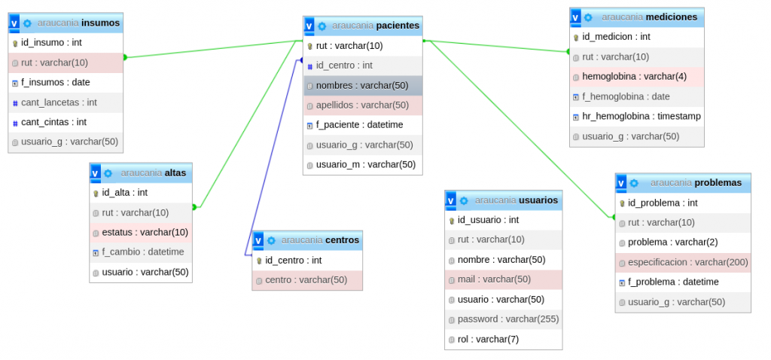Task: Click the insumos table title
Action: [101, 23]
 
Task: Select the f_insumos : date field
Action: [56, 82]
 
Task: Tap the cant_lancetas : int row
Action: [59, 102]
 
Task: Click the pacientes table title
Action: [398, 26]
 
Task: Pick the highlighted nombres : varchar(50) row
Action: [362, 85]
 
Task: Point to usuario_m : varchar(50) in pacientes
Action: [366, 164]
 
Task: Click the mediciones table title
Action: [671, 17]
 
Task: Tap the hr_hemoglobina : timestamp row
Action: [641, 116]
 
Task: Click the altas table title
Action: [175, 172]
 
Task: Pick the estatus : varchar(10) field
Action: [145, 232]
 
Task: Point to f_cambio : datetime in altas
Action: [143, 252]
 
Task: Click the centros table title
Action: [342, 240]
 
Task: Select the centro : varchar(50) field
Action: [306, 280]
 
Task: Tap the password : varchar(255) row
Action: [508, 319]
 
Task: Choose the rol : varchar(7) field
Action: [488, 339]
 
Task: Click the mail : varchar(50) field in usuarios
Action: [494, 279]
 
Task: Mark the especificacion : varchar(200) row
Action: [687, 262]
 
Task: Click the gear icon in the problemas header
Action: [634, 183]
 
